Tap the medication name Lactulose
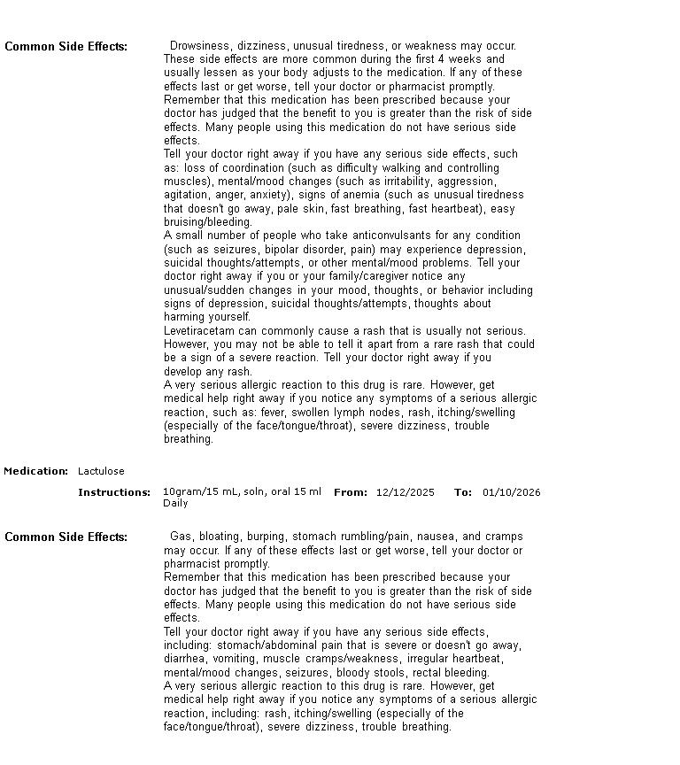click(x=101, y=471)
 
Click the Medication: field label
click(x=35, y=471)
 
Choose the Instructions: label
click(x=114, y=492)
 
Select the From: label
click(x=350, y=492)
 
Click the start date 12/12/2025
click(x=405, y=492)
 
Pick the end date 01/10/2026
click(x=511, y=492)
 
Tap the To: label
click(x=462, y=492)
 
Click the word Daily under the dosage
click(x=175, y=503)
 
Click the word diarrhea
click(x=185, y=659)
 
